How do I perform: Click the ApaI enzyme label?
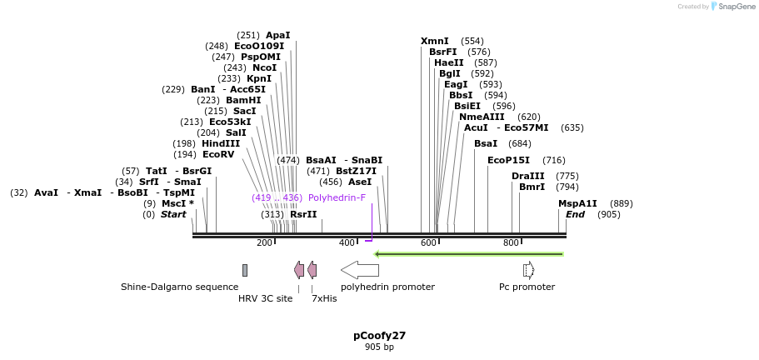277,35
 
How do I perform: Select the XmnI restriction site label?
434,41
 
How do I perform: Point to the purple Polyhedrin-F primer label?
337,197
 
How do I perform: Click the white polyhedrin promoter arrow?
360,270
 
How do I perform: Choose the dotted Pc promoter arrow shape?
528,270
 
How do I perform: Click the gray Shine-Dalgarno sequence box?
245,270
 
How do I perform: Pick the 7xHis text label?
324,298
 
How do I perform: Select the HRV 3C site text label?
265,298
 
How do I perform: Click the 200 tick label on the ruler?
264,242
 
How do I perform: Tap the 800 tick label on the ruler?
511,242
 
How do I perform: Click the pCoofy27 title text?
379,336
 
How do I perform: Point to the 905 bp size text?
379,347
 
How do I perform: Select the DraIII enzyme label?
527,176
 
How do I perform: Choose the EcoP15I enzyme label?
508,160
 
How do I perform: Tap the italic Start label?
173,214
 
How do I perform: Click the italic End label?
575,214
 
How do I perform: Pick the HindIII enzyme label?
221,143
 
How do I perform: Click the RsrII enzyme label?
303,214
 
